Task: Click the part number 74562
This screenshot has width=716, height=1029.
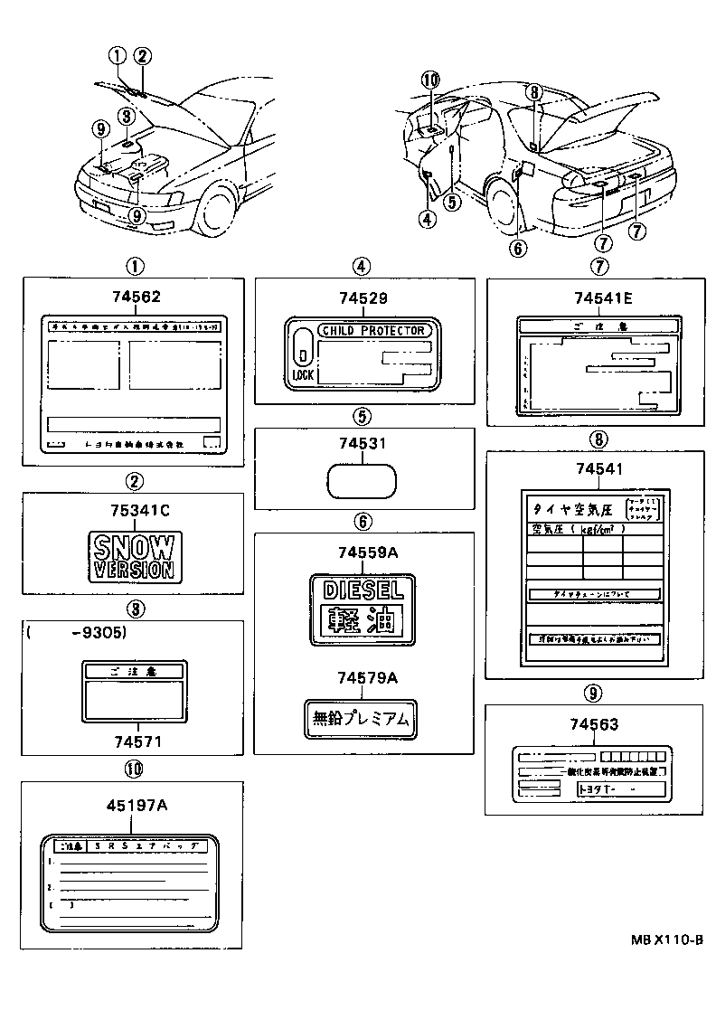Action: pyautogui.click(x=134, y=296)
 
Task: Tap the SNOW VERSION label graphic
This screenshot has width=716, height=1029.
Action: pyautogui.click(x=134, y=556)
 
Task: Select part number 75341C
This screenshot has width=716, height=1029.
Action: pyautogui.click(x=134, y=510)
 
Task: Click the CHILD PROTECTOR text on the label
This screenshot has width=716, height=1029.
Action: pyautogui.click(x=373, y=331)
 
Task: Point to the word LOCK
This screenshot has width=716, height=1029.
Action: pyautogui.click(x=302, y=373)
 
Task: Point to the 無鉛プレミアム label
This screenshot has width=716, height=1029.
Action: pyautogui.click(x=362, y=719)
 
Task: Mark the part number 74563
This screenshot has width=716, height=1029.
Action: pyautogui.click(x=595, y=724)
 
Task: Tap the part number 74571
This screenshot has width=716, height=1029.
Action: pyautogui.click(x=137, y=741)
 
